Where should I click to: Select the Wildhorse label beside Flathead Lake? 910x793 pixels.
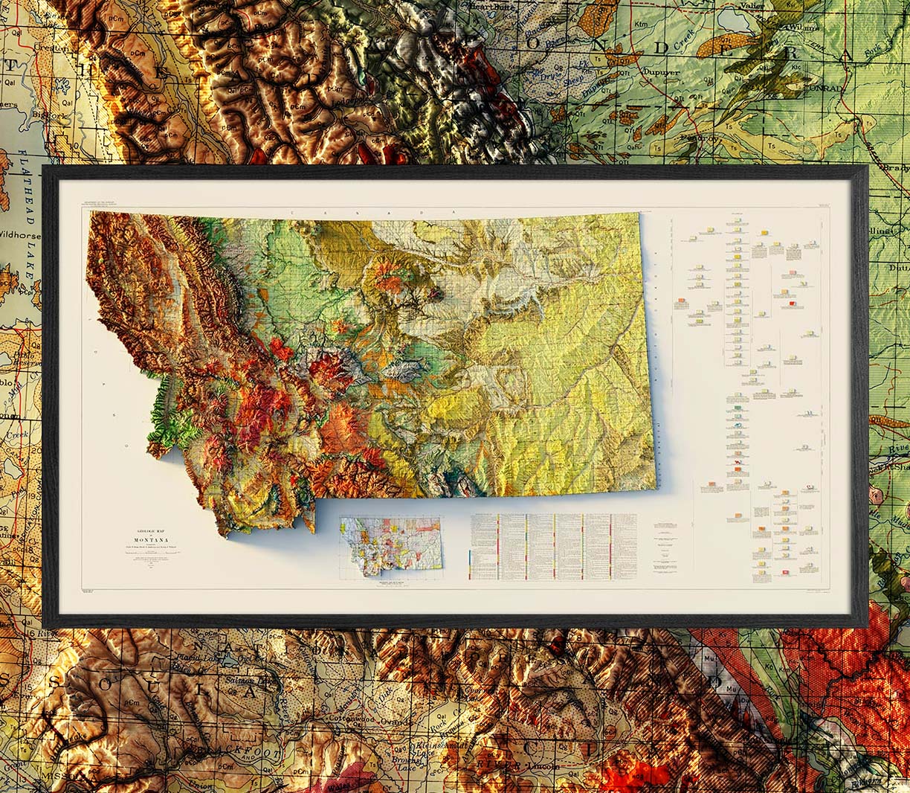pyautogui.click(x=20, y=236)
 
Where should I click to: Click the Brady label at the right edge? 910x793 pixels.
pyautogui.click(x=892, y=168)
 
